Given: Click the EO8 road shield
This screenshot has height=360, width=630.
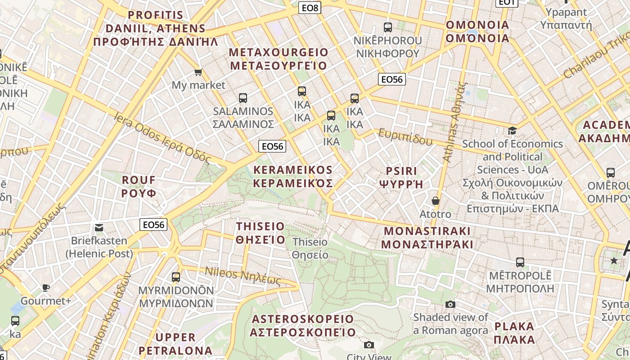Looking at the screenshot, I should pos(310,7).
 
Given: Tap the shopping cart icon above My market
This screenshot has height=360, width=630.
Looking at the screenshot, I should pos(198,72).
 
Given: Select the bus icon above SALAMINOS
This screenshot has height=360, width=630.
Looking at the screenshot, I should pos(243,98).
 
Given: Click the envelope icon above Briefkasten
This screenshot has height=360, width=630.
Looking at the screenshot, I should pos(99,228).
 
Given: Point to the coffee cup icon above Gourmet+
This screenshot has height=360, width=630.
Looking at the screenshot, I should pos(45,288).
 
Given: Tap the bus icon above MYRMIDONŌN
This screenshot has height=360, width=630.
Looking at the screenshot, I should pos(176,277).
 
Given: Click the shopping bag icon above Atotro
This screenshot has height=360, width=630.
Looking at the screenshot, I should pos(435,201).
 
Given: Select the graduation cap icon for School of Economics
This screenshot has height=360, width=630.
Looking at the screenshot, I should pos(512,131).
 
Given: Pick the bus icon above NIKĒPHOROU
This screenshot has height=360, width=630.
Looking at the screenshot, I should pos(387,27).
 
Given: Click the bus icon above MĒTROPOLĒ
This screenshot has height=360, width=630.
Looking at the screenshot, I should pos(520,262).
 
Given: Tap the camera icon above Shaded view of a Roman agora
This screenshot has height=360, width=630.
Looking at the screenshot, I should pos(450,305).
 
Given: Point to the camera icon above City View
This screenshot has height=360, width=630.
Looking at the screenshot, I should pos(369,345).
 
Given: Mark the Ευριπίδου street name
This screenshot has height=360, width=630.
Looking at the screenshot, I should pos(405,137).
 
